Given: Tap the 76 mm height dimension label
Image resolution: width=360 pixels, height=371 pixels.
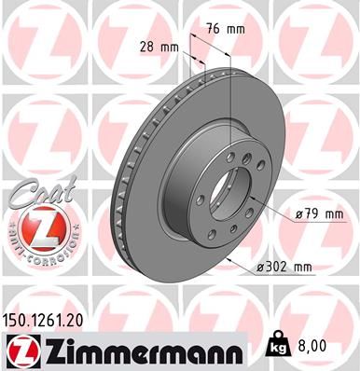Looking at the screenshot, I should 230,29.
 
